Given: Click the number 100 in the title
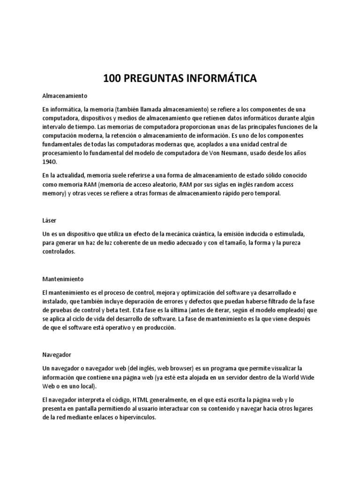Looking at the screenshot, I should [x=112, y=78].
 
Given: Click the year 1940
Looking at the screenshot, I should [x=49, y=162].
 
